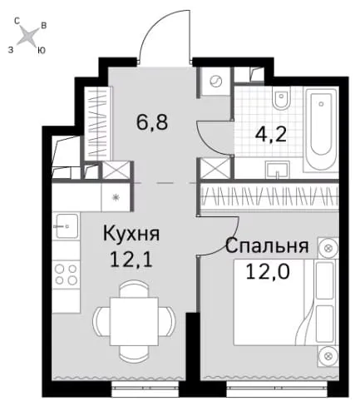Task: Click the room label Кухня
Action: tap(131, 234)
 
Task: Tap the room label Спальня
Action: tap(267, 246)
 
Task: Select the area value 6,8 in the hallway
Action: tap(152, 122)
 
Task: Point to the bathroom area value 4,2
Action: tap(270, 135)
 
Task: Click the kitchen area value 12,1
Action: tap(131, 260)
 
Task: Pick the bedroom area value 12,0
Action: tap(268, 271)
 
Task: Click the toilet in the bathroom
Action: tap(281, 99)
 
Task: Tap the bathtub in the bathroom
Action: tap(321, 129)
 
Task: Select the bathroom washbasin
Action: tap(277, 170)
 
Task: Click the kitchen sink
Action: tap(67, 225)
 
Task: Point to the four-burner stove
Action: tap(66, 275)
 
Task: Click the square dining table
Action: tap(134, 321)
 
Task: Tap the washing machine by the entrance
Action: tap(215, 82)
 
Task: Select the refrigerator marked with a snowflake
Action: tap(116, 197)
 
